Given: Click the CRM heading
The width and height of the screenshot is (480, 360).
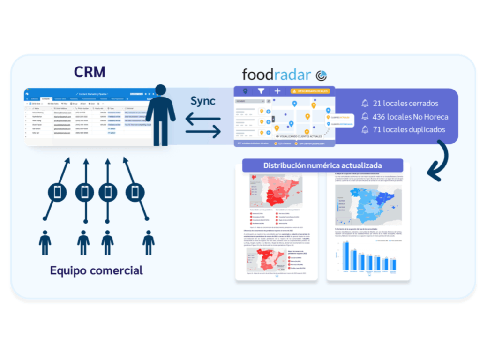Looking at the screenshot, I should (x=90, y=72).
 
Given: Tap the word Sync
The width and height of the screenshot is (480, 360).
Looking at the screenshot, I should (x=203, y=100).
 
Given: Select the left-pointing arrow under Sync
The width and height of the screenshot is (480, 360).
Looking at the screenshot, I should (x=203, y=119).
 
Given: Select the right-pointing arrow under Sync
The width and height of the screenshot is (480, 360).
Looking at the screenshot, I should (x=203, y=133).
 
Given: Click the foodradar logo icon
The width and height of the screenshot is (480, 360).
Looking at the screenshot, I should (x=321, y=75).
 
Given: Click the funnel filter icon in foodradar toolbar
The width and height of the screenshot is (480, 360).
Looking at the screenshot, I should (x=261, y=91).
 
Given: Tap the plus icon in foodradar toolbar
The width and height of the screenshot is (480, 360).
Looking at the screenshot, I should (x=277, y=91).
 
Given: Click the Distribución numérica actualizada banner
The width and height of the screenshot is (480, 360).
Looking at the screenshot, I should (x=322, y=165).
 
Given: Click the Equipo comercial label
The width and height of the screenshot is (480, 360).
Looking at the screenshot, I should (x=97, y=270).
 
